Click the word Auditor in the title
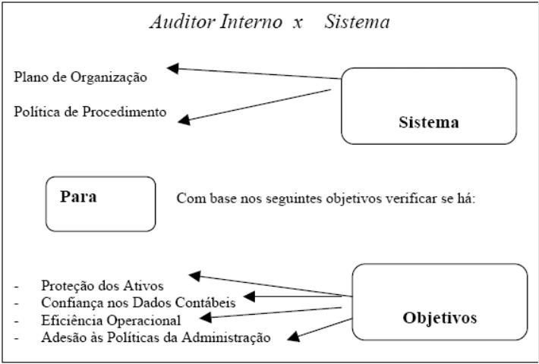(182, 22)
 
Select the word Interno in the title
(251, 22)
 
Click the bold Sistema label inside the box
(429, 122)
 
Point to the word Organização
(109, 77)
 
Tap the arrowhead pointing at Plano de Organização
(172, 68)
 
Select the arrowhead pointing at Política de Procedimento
(184, 120)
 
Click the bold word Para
(78, 196)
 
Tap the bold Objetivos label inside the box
(440, 318)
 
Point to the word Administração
(226, 337)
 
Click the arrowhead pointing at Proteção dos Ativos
(195, 276)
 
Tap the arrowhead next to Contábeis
(249, 297)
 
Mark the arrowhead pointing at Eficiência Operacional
(206, 317)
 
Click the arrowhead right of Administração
(293, 337)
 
